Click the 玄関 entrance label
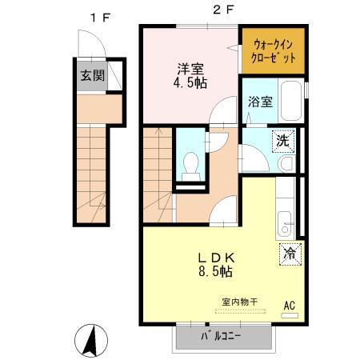pyautogui.click(x=91, y=76)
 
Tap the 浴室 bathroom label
pyautogui.click(x=260, y=102)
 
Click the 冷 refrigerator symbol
pyautogui.click(x=288, y=254)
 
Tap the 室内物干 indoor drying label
pyautogui.click(x=240, y=302)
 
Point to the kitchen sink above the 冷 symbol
pyautogui.click(x=286, y=224)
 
